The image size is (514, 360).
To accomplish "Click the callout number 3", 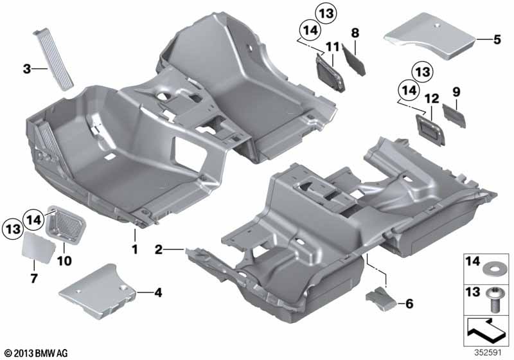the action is tap(27, 69).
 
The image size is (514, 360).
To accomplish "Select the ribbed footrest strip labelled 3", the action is tap(53, 59).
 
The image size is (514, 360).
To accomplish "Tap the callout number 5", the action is tap(497, 39).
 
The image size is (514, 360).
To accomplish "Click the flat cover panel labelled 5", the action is tap(430, 35).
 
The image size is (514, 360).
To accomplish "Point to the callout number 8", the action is tap(355, 33).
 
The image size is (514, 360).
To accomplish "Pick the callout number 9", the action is tap(456, 92).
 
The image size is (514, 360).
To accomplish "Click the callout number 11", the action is tap(332, 47).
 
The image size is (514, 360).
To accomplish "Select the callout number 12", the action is tap(431, 98).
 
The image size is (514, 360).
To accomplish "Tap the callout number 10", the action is tap(64, 261).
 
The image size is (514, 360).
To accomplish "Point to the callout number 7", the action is tap(34, 278).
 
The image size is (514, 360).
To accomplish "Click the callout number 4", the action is tap(158, 292).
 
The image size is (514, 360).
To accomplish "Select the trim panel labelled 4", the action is tap(98, 291).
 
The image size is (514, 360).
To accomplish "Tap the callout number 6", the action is tap(409, 303).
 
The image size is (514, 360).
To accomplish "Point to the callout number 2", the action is tap(158, 249).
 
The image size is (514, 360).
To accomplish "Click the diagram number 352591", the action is tap(488, 353).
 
